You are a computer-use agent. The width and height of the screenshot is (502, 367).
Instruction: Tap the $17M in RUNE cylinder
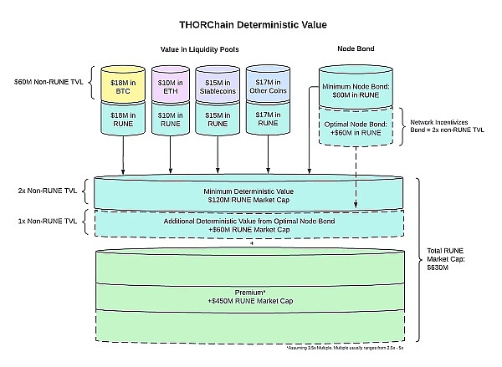(267, 118)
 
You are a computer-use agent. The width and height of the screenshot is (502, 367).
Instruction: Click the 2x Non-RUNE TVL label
(49, 191)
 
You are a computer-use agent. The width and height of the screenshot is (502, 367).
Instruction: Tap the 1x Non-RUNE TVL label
(49, 222)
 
